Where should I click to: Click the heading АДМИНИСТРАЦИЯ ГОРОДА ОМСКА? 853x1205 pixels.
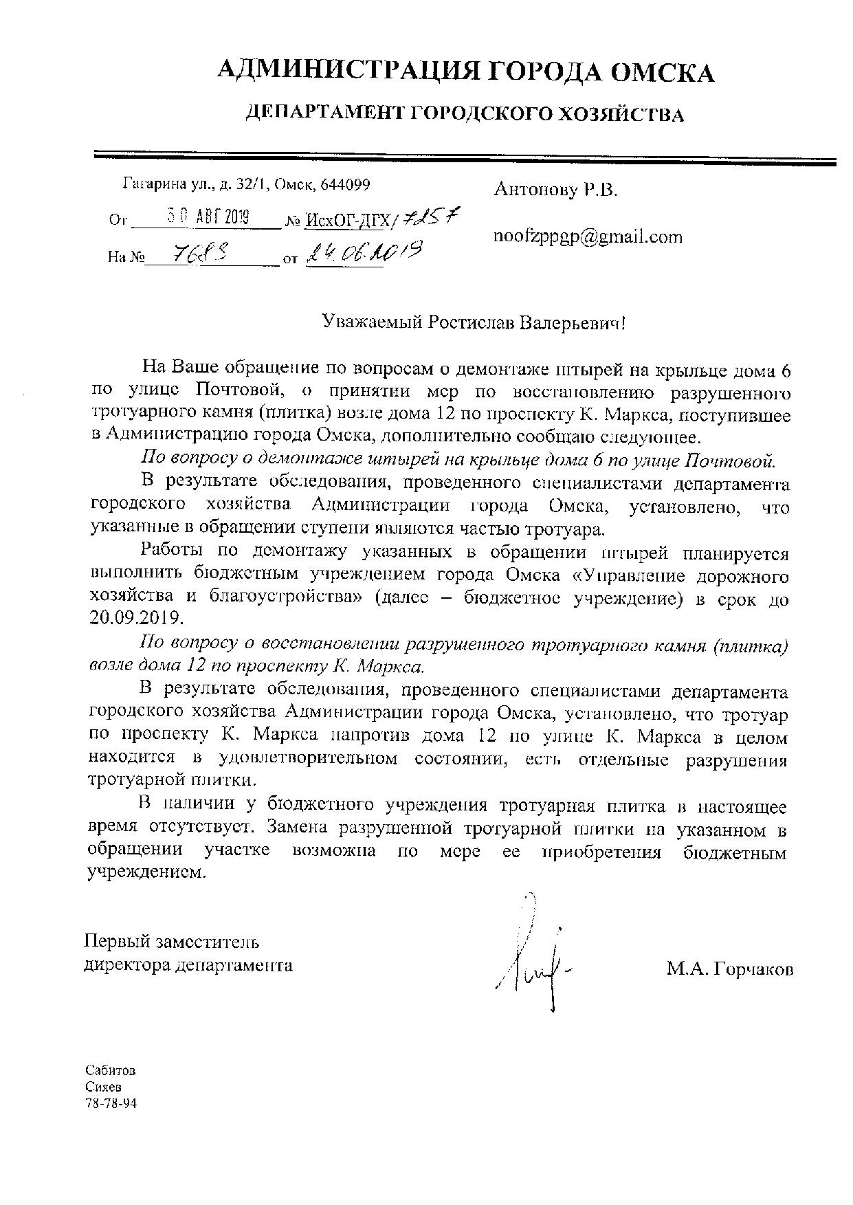click(465, 71)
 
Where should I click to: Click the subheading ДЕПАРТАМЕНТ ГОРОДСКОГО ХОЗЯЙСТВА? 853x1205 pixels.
click(465, 113)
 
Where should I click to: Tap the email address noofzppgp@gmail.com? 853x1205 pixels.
click(588, 238)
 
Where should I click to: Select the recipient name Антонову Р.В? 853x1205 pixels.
click(555, 190)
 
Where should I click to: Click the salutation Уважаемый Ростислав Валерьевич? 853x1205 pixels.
click(475, 322)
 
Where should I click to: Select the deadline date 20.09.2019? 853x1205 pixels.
click(136, 617)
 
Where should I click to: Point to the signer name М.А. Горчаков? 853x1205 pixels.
click(729, 970)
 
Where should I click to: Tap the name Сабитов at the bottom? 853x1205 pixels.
click(111, 1071)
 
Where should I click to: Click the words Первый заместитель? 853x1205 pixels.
click(171, 941)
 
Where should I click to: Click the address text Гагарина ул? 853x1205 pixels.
click(167, 184)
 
